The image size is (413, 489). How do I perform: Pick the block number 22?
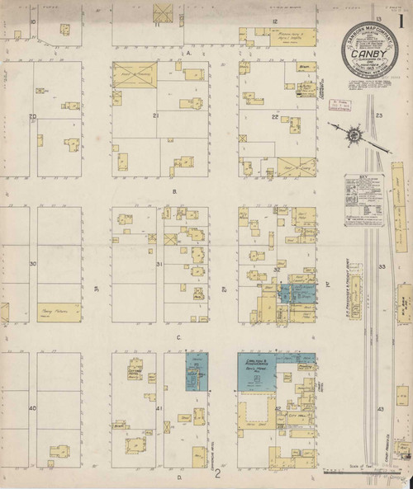click(275, 118)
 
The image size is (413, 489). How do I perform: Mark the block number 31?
click(159, 264)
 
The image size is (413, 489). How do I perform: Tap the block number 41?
click(159, 408)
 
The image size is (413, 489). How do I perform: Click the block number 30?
click(33, 264)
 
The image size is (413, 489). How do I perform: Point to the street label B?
click(175, 190)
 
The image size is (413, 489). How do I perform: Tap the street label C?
click(178, 337)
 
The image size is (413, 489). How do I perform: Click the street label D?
click(178, 477)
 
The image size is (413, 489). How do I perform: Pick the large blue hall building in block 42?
click(263, 371)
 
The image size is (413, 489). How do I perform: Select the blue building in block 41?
click(197, 371)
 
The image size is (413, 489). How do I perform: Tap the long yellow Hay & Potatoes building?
click(59, 311)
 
